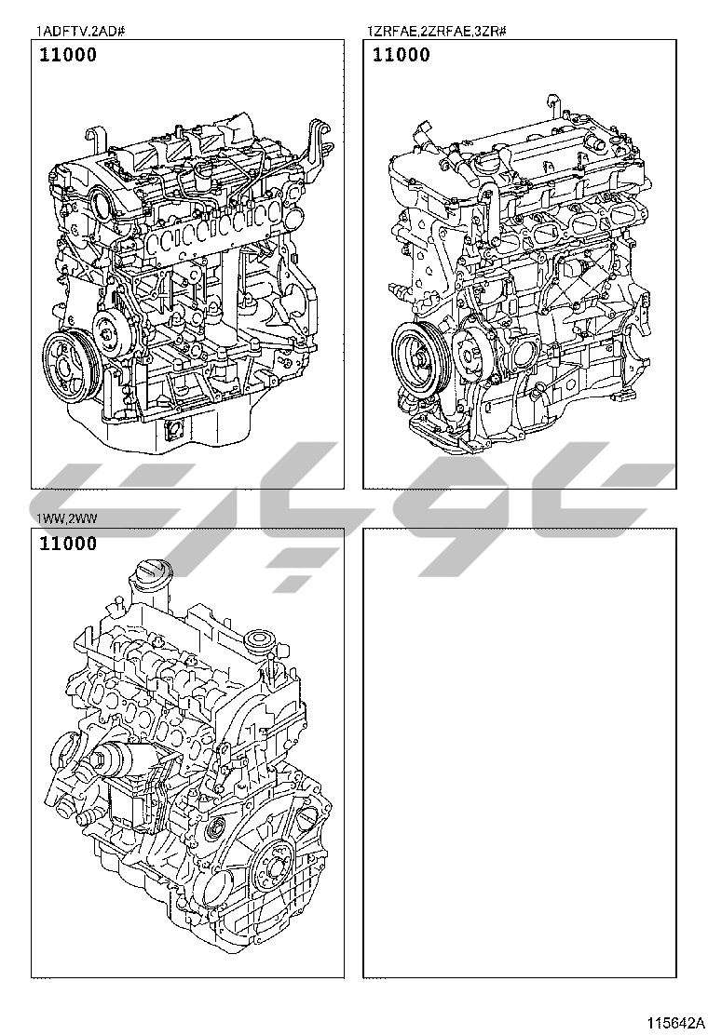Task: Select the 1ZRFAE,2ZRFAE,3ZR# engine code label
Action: pyautogui.click(x=436, y=31)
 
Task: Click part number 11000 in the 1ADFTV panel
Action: pyautogui.click(x=68, y=55)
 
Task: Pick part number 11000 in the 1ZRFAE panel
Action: pyautogui.click(x=401, y=55)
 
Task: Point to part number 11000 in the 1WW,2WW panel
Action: pyautogui.click(x=68, y=544)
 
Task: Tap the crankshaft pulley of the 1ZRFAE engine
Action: pyautogui.click(x=421, y=356)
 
